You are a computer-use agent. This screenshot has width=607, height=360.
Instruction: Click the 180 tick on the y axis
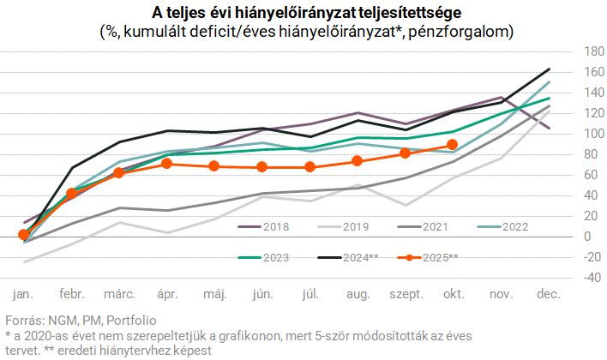coord(568,51)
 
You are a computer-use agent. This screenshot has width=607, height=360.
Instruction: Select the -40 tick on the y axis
coord(568,277)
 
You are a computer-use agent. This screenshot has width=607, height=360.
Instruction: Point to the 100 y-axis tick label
coord(568,134)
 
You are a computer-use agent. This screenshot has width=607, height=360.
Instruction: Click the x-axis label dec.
coord(548,294)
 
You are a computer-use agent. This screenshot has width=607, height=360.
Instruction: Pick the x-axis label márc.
coord(120,294)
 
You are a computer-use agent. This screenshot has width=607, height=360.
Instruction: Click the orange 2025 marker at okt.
coord(453,145)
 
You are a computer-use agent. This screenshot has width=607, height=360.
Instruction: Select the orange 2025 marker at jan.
coord(24,234)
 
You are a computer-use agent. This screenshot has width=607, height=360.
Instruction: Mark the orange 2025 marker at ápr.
coord(167,163)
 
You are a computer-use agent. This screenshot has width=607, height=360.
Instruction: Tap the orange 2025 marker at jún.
coord(262,166)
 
